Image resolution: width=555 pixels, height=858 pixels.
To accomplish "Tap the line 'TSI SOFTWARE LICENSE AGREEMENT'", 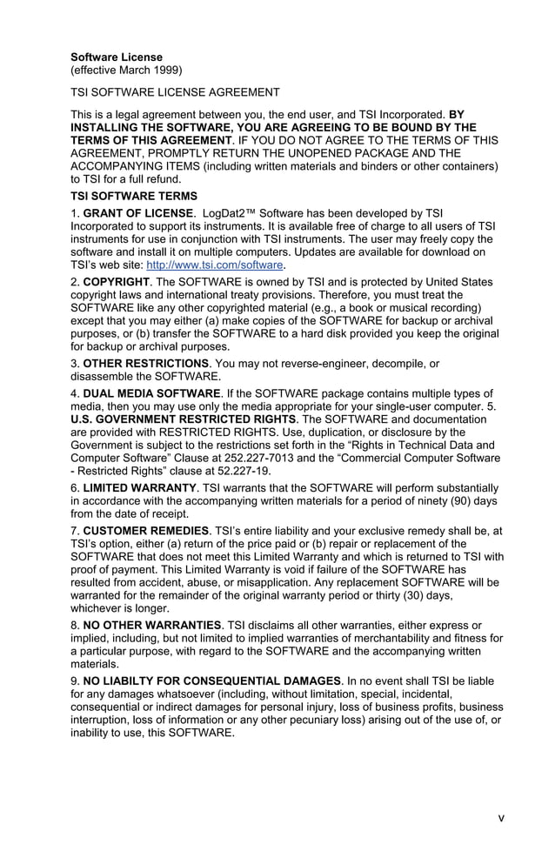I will [x=175, y=91].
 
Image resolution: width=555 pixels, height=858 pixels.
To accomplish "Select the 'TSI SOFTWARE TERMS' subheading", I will [x=134, y=196].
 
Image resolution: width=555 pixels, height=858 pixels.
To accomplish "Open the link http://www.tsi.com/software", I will [x=215, y=265].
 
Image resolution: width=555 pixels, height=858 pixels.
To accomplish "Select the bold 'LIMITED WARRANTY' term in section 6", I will [x=140, y=488].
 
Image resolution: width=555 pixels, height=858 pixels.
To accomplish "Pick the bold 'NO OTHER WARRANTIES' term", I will [x=152, y=626].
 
